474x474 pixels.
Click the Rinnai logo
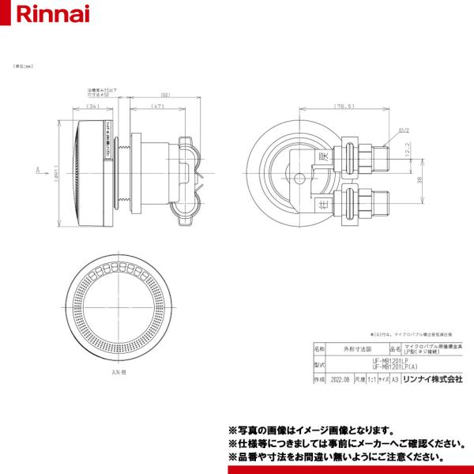37,14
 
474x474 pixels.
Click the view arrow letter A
38,169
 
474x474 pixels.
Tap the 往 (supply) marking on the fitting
322,203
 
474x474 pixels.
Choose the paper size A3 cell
394,379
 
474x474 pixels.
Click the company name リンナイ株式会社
432,379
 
